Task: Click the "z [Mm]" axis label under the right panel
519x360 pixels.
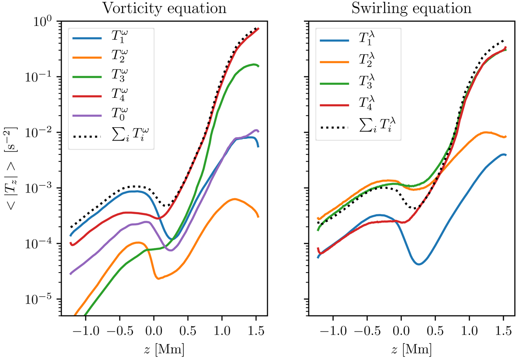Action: (x=411, y=348)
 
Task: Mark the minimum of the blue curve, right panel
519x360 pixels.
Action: (x=419, y=264)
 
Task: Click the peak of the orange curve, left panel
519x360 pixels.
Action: (x=234, y=199)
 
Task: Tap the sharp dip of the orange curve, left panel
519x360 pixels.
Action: (x=158, y=279)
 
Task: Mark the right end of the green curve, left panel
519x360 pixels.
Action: (x=259, y=66)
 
